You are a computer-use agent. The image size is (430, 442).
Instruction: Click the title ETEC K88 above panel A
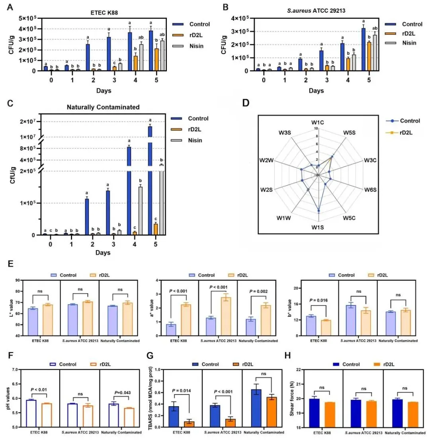[104, 12]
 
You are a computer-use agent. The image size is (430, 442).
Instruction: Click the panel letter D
[246, 104]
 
